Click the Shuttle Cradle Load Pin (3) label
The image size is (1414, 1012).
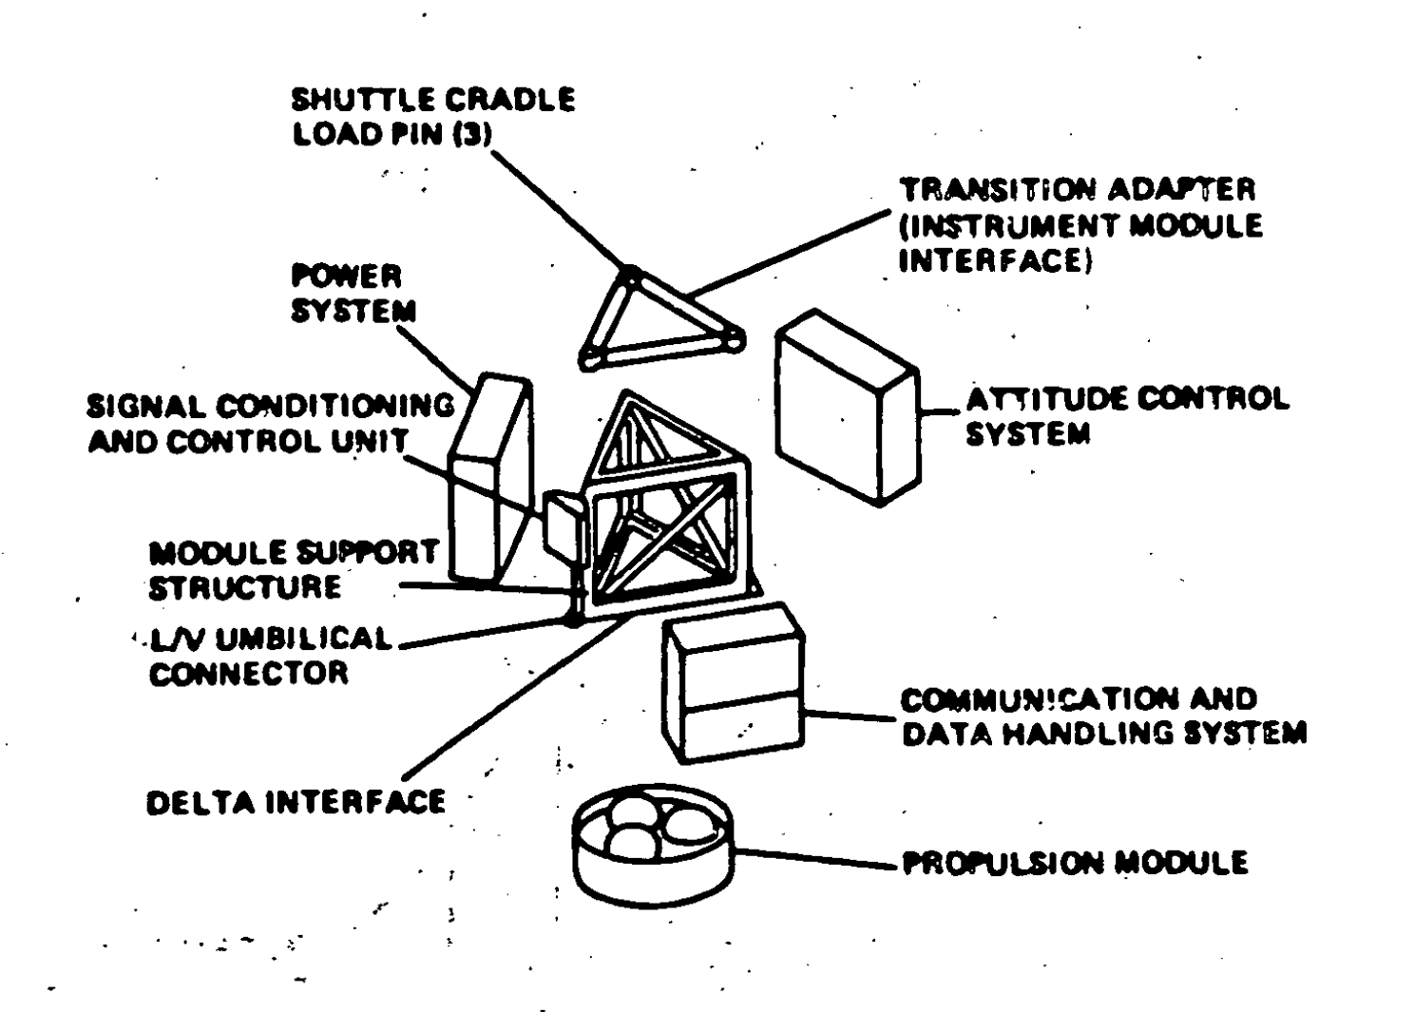click(432, 116)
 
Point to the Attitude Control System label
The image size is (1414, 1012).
click(1127, 416)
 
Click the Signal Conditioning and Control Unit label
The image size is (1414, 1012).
click(271, 424)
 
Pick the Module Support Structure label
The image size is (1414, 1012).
click(293, 569)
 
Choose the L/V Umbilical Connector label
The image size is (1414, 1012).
click(270, 655)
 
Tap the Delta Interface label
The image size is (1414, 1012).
click(296, 802)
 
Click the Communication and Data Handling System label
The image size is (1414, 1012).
click(1102, 716)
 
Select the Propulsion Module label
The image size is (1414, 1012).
click(1074, 862)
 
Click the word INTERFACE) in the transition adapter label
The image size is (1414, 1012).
click(994, 260)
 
